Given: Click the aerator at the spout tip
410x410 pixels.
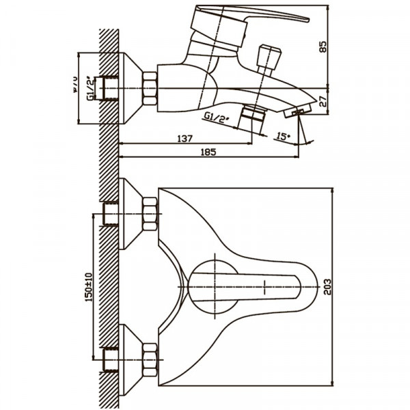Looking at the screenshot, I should tap(299, 111).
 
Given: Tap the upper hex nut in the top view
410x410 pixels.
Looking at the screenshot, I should tap(149, 213).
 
